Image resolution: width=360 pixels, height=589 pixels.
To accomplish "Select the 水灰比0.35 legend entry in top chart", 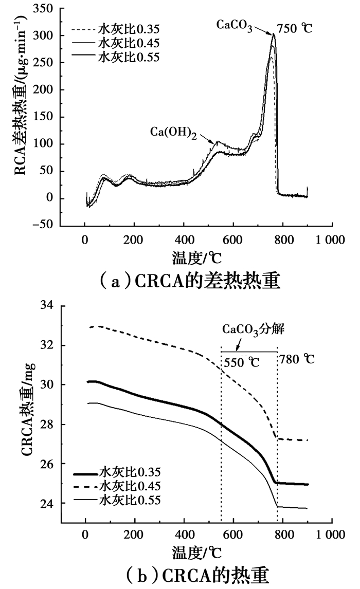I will tap(127, 30).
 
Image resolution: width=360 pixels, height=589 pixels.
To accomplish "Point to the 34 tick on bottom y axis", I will tap(48, 306).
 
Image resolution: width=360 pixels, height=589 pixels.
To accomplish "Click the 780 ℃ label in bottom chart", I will tap(297, 360).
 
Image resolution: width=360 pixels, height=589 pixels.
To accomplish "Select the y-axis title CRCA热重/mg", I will tap(28, 409).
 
